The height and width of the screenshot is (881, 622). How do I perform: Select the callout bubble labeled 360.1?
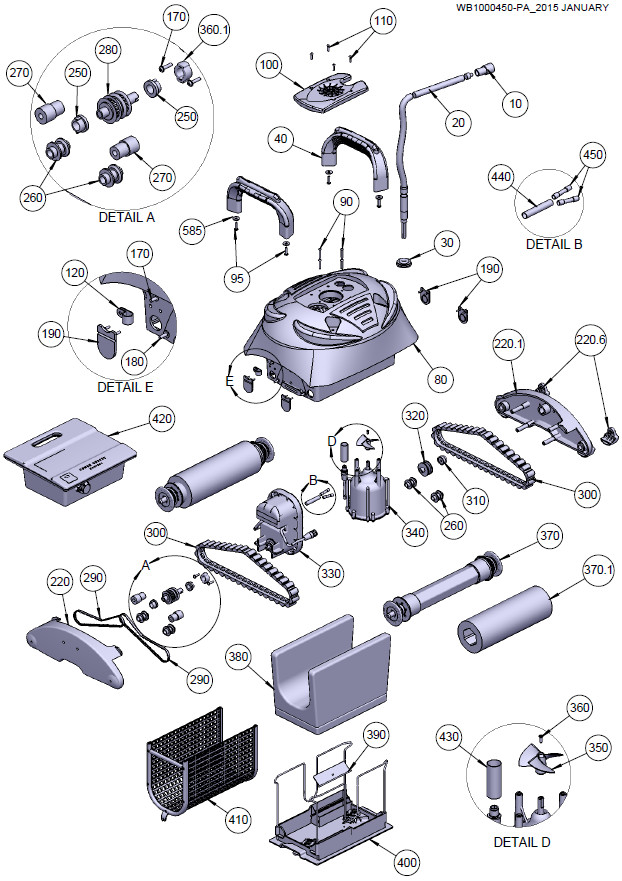pos(213,30)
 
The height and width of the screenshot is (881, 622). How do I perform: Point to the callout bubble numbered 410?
pos(238,819)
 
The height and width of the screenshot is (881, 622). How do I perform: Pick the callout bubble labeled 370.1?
pos(597,570)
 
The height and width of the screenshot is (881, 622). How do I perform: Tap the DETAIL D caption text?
pos(522,842)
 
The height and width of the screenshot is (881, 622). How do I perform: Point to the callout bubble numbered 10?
pos(516,102)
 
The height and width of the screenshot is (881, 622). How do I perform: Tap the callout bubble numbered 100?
pos(270,66)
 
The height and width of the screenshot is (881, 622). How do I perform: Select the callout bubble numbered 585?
pos(194,231)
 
